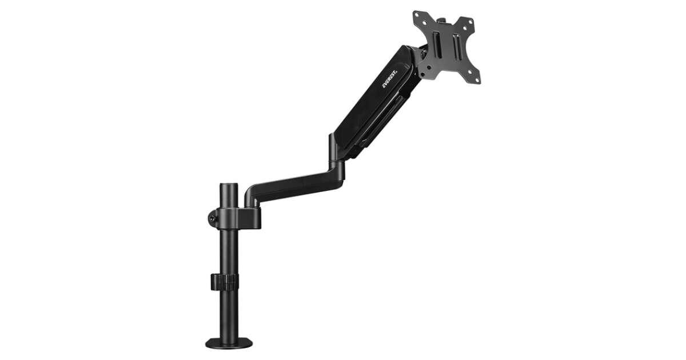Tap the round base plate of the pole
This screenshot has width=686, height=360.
(229, 343)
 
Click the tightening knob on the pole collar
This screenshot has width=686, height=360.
(212, 217)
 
